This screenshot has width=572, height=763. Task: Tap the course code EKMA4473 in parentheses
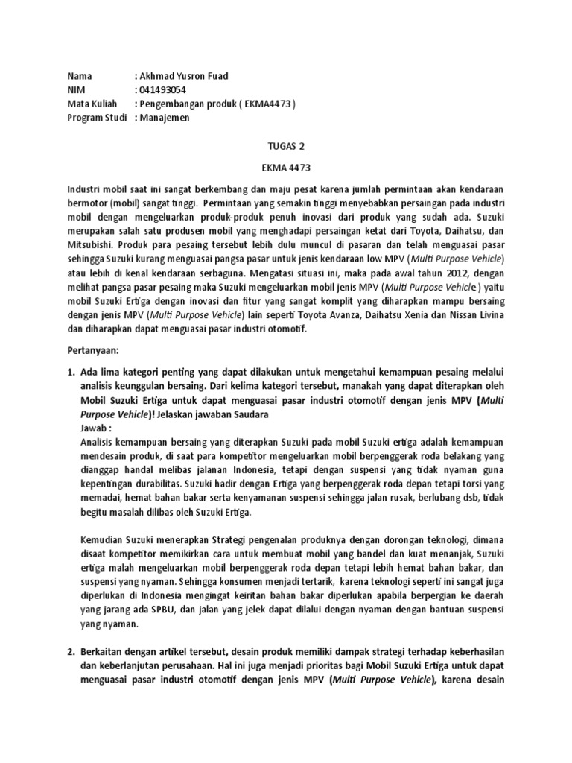267,104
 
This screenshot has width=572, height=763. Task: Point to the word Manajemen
165,118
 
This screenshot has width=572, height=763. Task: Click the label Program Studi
98,118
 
